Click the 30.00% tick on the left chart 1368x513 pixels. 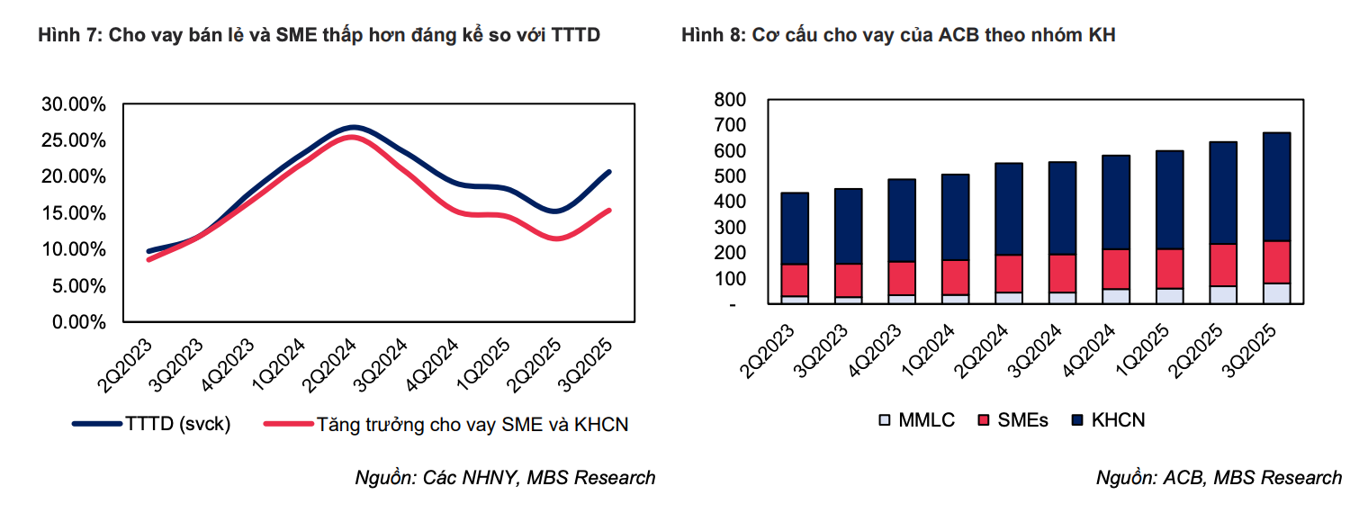tap(73, 104)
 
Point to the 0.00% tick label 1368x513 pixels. tap(76, 322)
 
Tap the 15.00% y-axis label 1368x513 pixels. tap(73, 213)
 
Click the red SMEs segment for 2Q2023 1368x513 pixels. tap(794, 280)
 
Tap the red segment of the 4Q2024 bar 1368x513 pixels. tap(1115, 269)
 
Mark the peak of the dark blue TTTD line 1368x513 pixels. tap(353, 127)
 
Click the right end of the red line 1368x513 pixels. tap(610, 211)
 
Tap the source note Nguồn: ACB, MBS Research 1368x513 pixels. tap(1218, 478)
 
